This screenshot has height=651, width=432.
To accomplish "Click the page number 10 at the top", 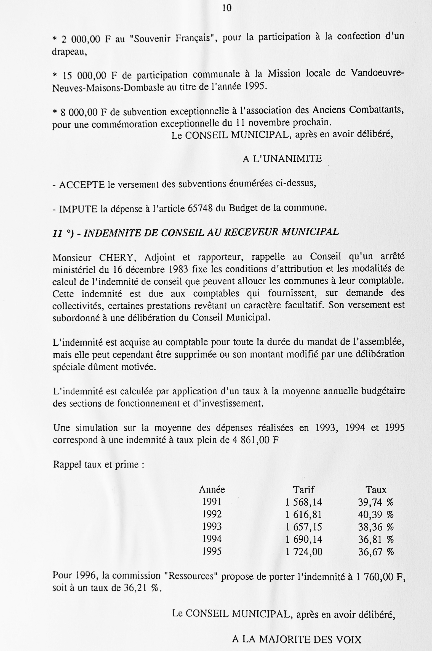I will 227,8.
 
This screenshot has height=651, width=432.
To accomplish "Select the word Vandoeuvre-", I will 377,73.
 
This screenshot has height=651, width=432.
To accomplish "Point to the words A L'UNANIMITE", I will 282,159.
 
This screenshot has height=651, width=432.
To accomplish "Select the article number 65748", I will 200,208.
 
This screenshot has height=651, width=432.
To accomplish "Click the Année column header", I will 212,490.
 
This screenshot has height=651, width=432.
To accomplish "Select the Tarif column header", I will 303,490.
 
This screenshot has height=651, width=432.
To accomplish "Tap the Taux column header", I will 376,490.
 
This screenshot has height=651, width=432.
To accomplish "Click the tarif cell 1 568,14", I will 304,502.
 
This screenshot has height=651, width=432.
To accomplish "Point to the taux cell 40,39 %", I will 376,514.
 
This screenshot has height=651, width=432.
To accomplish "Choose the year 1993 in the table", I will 212,527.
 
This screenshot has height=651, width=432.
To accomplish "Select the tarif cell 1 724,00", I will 304,552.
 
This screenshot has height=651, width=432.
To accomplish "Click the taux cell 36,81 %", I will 376,539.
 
